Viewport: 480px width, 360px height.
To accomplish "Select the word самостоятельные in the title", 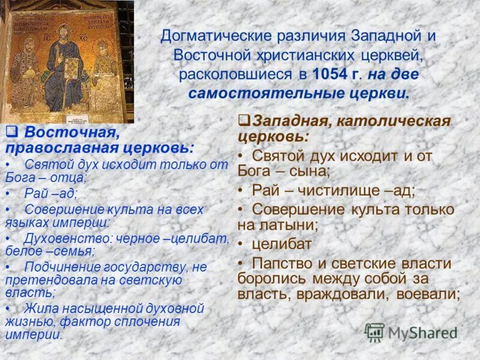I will pyautogui.click(x=251, y=94).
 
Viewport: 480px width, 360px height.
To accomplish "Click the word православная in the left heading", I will pyautogui.click(x=61, y=148).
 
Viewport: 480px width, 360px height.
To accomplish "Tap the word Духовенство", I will pyautogui.click(x=60, y=238).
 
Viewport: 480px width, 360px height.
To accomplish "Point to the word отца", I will pyautogui.click(x=70, y=178).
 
